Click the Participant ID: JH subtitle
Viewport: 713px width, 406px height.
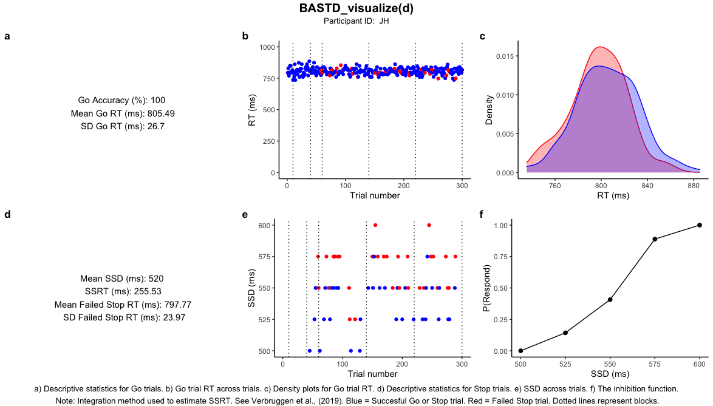tap(356, 21)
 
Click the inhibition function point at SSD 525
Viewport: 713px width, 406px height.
tap(565, 333)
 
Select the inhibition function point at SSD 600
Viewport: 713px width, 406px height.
tap(700, 225)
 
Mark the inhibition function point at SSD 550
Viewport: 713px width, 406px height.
tap(610, 299)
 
